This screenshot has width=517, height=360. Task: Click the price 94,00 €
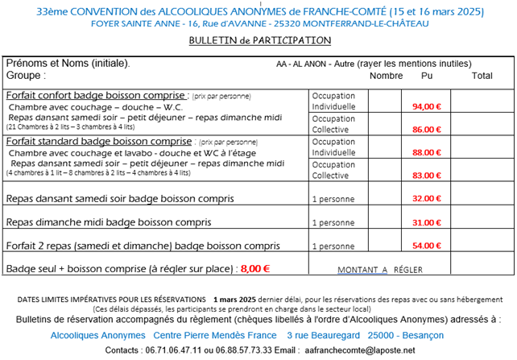coord(427,106)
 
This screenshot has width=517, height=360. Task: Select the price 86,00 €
coord(427,129)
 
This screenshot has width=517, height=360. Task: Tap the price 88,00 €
coord(427,152)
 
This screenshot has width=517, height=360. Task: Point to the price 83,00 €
coord(427,175)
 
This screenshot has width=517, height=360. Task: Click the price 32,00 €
coord(427,198)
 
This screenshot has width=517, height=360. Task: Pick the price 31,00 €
coord(427,222)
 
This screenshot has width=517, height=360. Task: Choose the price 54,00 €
coord(427,246)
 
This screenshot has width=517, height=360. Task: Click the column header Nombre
coord(386,77)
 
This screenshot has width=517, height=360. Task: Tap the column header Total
coord(482,77)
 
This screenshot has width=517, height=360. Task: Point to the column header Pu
coord(427,77)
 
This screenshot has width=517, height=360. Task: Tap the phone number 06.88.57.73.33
coord(239,350)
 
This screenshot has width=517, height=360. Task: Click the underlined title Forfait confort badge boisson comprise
coord(96,95)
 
